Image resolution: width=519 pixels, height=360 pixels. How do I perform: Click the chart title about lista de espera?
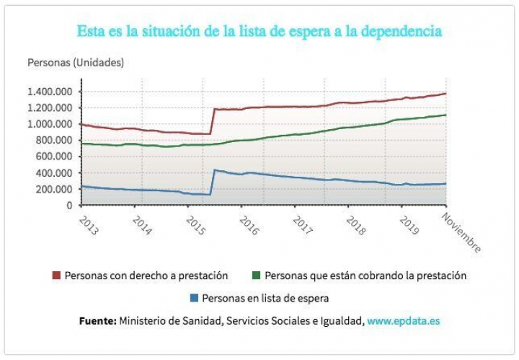point(259,32)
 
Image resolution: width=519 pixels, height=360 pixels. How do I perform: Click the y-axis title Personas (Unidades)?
point(76,62)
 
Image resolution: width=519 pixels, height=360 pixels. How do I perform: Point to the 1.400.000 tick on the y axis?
point(51,92)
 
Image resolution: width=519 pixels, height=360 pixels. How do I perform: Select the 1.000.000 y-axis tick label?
point(51,124)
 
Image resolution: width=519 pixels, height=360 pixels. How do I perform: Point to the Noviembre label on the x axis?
point(461,232)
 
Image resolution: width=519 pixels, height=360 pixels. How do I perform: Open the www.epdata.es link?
point(403,320)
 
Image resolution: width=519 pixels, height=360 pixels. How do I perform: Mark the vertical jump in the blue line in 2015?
point(212,182)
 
